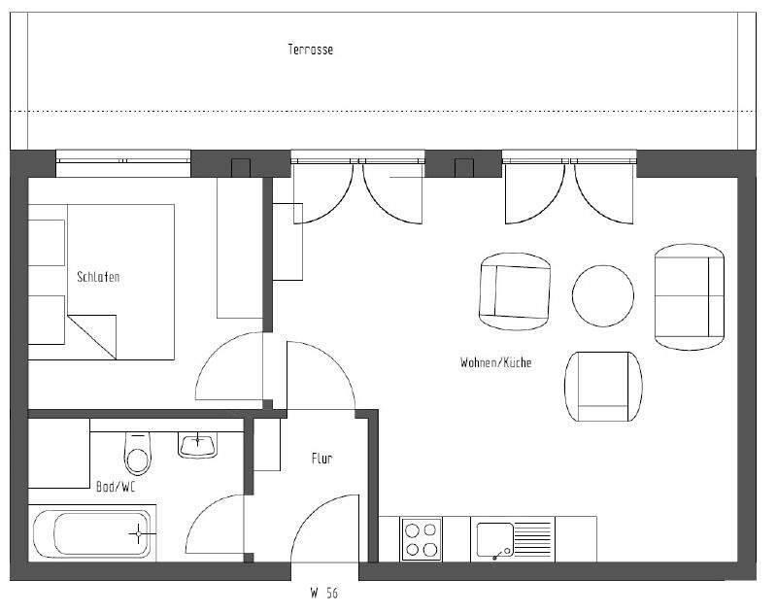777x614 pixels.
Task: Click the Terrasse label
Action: tap(310, 50)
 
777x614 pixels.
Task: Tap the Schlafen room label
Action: tap(98, 277)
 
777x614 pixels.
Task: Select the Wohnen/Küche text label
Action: tap(495, 362)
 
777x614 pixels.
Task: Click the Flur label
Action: tap(321, 459)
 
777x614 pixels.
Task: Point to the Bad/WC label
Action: tap(116, 487)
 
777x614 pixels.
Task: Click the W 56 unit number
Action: tap(324, 592)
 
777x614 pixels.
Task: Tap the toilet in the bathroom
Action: tap(137, 455)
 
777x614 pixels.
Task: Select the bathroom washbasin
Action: tap(199, 444)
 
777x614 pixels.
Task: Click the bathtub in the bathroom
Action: tap(91, 533)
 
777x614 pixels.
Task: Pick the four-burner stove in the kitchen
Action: tap(421, 539)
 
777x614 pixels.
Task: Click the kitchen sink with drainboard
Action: tap(512, 539)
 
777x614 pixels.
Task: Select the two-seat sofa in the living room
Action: tap(690, 296)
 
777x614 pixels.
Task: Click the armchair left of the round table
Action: tap(516, 291)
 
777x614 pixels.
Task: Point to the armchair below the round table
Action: tap(603, 386)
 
